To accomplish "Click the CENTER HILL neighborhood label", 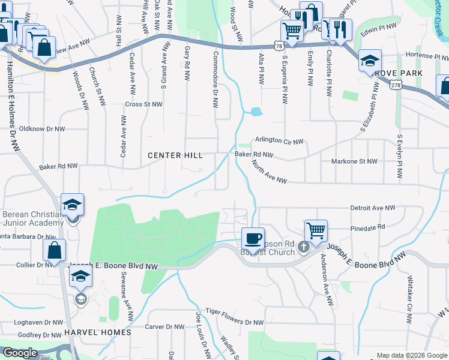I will (x=172, y=155).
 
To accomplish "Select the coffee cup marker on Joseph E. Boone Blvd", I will (x=253, y=238).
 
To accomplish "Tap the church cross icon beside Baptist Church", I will (x=304, y=247).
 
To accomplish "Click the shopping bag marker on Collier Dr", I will (x=55, y=251).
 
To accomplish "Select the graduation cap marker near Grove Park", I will (x=370, y=60).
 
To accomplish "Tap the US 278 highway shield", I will (x=394, y=86).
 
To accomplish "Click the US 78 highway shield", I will (x=277, y=46).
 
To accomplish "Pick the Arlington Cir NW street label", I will (x=279, y=140).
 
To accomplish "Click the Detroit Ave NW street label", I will (x=373, y=208).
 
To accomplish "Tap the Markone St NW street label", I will (x=354, y=161).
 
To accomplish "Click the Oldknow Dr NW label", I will (x=41, y=128).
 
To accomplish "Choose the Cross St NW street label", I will (x=143, y=104).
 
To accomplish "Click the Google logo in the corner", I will (x=19, y=353).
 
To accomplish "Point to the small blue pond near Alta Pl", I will (x=256, y=112).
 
